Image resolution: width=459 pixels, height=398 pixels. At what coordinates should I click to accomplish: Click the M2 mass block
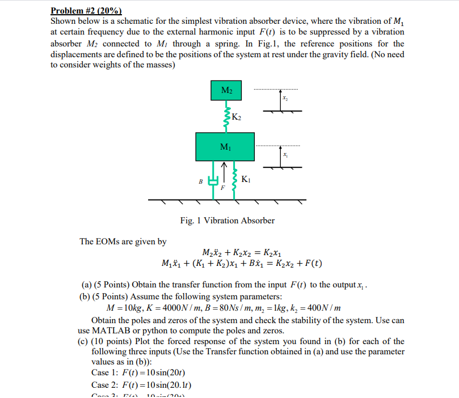[x=226, y=91]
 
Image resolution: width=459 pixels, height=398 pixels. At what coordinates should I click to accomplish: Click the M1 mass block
[x=226, y=146]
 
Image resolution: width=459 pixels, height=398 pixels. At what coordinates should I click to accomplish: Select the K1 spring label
[x=245, y=180]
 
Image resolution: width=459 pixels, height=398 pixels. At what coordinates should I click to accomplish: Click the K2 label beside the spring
[x=237, y=117]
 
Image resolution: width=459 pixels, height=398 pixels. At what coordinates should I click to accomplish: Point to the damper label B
[x=200, y=182]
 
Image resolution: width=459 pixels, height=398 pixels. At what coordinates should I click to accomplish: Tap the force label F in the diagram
[x=223, y=187]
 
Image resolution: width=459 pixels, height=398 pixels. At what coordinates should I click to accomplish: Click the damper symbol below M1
[x=213, y=181]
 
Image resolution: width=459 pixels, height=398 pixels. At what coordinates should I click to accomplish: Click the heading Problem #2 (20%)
[x=86, y=10]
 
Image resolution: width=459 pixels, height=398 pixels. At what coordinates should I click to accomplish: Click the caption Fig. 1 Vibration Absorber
[x=227, y=221]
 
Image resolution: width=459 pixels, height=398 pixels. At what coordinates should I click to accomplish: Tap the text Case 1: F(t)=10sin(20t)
[x=138, y=372]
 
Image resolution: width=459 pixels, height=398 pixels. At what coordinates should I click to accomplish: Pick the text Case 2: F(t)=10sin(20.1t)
[x=142, y=384]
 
